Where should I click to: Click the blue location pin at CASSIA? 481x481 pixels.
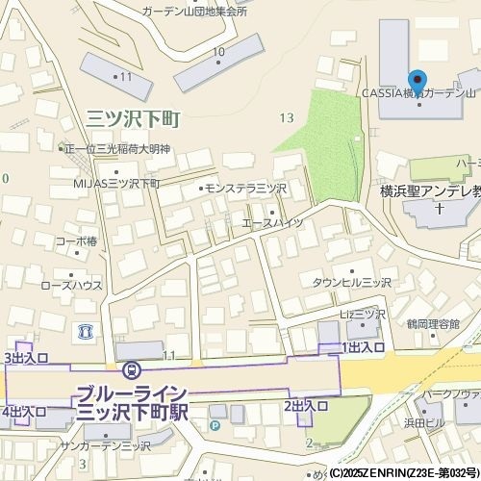click(417, 81)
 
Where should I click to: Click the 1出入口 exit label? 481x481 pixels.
click(363, 346)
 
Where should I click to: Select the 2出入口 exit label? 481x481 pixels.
click(306, 407)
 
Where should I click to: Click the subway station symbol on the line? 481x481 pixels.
click(131, 369)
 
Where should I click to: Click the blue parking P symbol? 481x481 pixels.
click(215, 424)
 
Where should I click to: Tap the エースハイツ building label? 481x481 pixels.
click(272, 222)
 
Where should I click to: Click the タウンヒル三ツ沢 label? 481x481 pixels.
click(351, 282)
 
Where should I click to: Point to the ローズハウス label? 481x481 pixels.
click(71, 285)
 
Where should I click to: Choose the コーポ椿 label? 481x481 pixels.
click(76, 240)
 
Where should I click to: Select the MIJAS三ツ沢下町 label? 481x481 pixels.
click(115, 182)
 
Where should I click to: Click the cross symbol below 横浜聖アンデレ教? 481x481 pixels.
click(439, 208)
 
